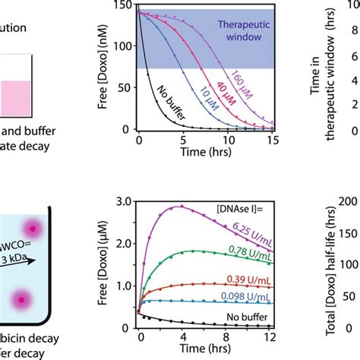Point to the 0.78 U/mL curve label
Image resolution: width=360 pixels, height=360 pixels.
point(253,251)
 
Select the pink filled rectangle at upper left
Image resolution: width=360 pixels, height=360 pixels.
point(15,97)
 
